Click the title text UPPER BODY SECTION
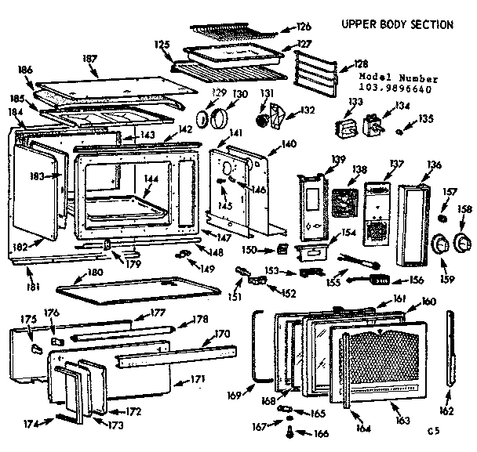(396, 24)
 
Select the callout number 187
(90, 59)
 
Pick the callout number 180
(95, 273)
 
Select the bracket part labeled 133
(343, 129)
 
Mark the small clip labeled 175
(36, 345)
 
